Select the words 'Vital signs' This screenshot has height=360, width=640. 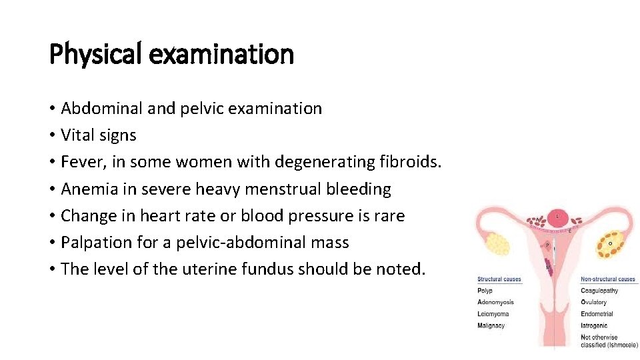point(99,135)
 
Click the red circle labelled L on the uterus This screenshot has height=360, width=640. point(557,217)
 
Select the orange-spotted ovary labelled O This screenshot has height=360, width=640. point(609,244)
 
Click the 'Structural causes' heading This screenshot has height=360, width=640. point(499,279)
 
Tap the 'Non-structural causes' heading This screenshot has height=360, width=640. point(608,279)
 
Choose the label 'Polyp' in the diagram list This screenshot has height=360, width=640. point(485,291)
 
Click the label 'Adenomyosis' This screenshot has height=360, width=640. point(495,303)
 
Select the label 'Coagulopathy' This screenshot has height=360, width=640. point(599,291)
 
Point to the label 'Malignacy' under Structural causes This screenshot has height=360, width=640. point(491,326)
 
